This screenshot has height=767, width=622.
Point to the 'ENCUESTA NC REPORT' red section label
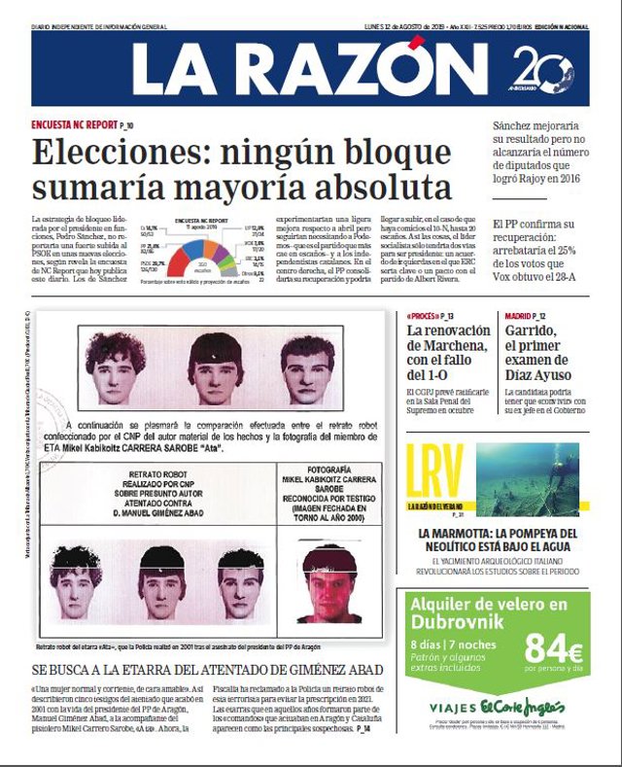pyautogui.click(x=73, y=126)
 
